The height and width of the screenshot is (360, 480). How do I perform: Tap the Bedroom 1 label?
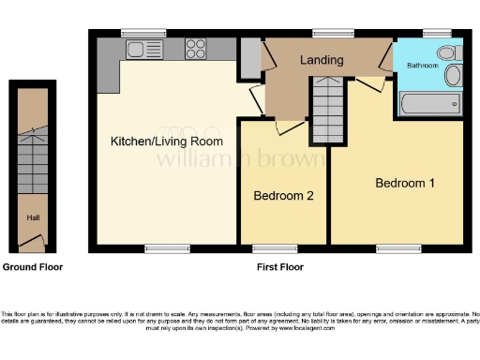click(x=404, y=183)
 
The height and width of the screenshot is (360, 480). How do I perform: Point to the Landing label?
click(x=322, y=61)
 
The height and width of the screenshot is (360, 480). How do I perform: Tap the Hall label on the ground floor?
click(x=33, y=218)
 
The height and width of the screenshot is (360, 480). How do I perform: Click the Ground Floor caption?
click(x=32, y=267)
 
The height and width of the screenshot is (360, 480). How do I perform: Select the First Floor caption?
click(x=279, y=267)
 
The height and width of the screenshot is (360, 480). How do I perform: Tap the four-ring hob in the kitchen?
click(x=196, y=48)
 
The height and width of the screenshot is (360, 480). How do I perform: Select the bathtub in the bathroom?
click(x=430, y=102)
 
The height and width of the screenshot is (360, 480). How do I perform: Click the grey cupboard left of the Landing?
click(x=249, y=57)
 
